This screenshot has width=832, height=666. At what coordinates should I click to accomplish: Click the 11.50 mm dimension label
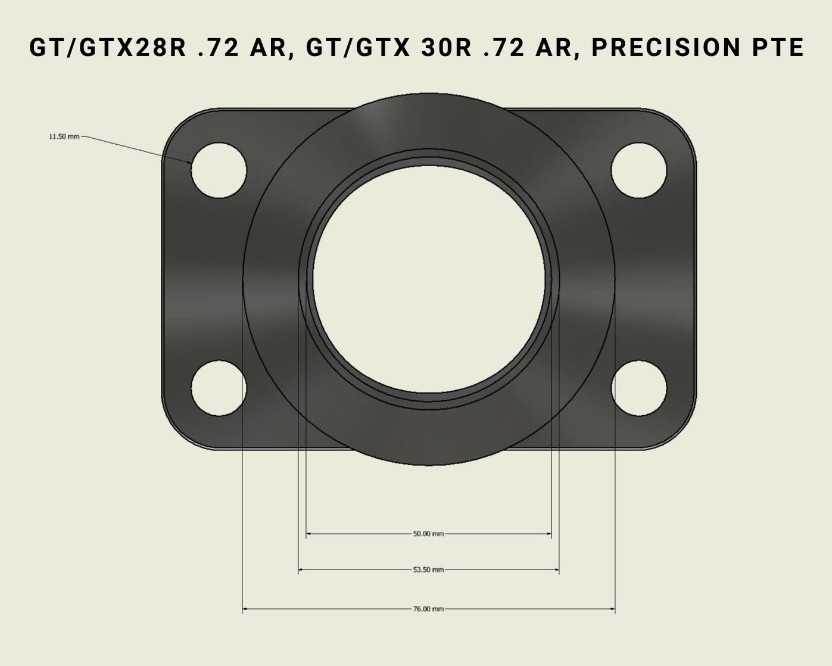coord(64,136)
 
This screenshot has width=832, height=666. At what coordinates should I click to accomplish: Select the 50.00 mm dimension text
coord(428,534)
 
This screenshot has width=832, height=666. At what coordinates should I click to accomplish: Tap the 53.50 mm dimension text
coord(428,569)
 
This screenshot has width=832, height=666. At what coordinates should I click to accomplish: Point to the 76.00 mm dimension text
coord(428,609)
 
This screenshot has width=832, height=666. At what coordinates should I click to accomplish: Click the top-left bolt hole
coord(219,170)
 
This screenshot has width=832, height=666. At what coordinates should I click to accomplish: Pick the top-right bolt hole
coord(638,170)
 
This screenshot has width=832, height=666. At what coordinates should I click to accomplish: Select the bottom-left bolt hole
coord(219,388)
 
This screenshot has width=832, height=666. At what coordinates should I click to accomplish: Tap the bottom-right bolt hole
coord(638,388)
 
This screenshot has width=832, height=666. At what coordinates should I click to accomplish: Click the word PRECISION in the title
coord(665,48)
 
